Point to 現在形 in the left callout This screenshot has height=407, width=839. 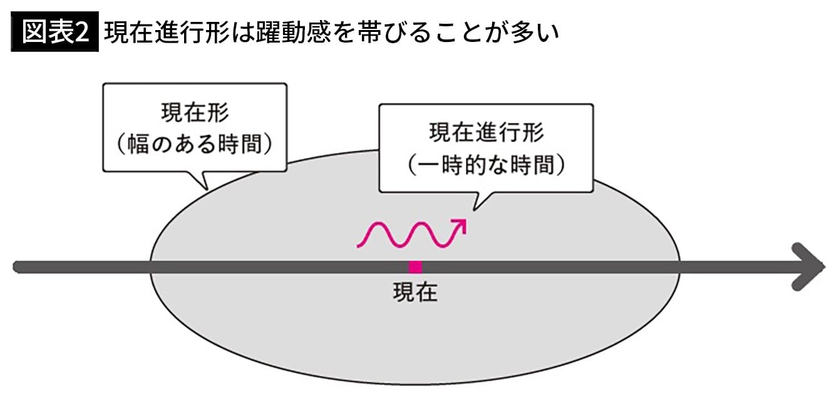[194, 115]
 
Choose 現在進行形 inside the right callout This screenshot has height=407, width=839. [486, 133]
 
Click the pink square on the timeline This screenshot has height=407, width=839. [415, 267]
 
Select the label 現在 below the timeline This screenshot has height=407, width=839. [414, 292]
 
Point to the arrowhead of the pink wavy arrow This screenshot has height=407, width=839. [460, 225]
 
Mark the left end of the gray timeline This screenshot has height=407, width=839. [18, 267]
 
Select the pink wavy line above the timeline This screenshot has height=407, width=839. [407, 235]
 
